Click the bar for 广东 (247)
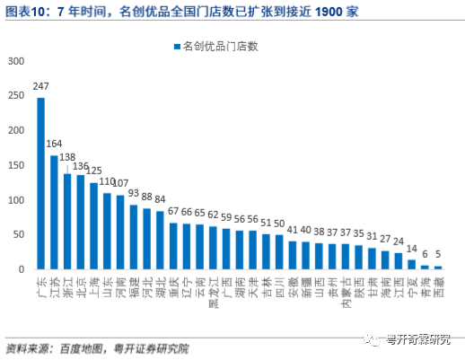pyautogui.click(x=41, y=183)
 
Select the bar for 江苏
pyautogui.click(x=54, y=212)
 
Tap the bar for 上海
pyautogui.click(x=94, y=225)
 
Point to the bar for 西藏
pyautogui.click(x=438, y=267)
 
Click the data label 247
pyautogui.click(x=40, y=87)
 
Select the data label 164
pyautogui.click(x=55, y=144)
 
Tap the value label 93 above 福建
pyautogui.click(x=134, y=193)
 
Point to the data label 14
pyautogui.click(x=411, y=249)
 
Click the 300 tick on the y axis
pyautogui.click(x=16, y=60)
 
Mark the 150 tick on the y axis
pyautogui.click(x=16, y=165)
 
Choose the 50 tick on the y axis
pyautogui.click(x=19, y=234)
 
